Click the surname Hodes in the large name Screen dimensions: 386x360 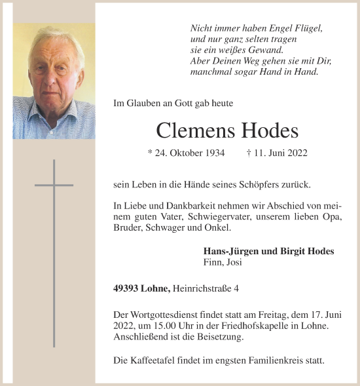(x=268, y=130)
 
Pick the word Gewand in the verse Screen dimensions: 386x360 (x=266, y=50)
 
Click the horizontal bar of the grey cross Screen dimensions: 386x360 (x=54, y=185)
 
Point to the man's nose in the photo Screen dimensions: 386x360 (x=48, y=73)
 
